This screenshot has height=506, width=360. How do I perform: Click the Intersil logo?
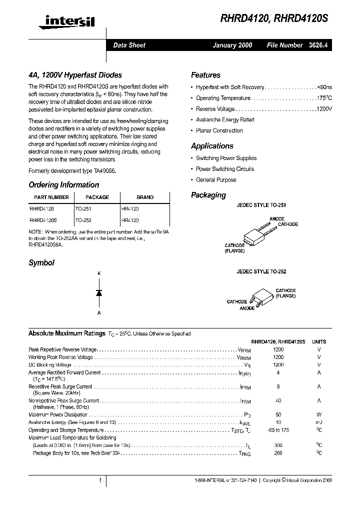coord(63,20)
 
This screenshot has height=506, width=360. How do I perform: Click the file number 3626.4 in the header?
coord(320,45)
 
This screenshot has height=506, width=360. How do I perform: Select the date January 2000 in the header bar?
coord(232,45)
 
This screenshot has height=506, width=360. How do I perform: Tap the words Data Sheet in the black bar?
coord(129,45)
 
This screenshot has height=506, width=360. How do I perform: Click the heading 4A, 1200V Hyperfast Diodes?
coord(75,75)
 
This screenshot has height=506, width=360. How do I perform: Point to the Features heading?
coord(205,75)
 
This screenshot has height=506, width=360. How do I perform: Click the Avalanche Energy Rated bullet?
coord(225,120)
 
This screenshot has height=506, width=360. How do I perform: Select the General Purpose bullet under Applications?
coord(216,180)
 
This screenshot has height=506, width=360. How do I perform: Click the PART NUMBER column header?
coord(51,197)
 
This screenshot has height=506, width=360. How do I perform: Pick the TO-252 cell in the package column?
coord(83,220)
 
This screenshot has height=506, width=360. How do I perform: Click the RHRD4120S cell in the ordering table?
coord(43,220)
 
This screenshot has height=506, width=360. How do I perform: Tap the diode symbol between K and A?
coord(99,293)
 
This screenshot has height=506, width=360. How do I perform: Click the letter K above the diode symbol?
coord(99,273)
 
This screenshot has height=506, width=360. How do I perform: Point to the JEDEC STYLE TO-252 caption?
coord(261,271)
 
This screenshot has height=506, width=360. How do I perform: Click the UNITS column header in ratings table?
coord(319,341)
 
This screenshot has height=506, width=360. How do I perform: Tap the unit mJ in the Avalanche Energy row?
coord(319,422)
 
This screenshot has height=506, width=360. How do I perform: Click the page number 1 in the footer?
coord(100,480)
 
